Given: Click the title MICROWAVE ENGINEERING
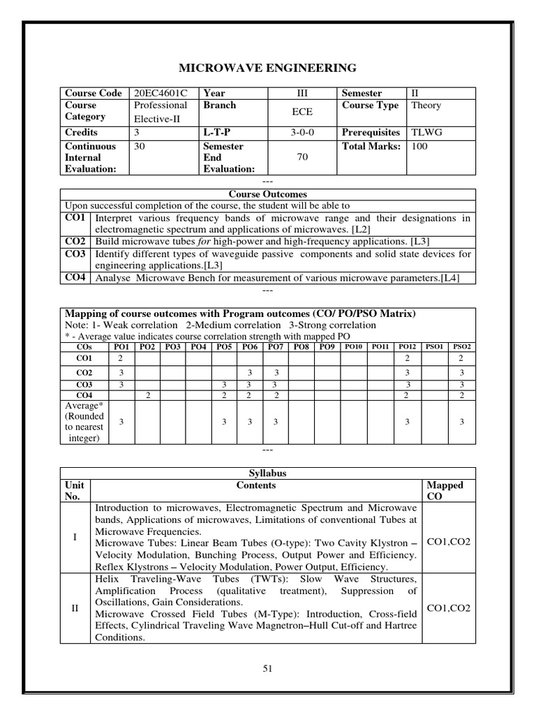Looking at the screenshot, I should tap(268, 68).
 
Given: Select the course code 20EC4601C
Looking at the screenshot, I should tap(160, 93).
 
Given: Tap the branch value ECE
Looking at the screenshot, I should tap(302, 112).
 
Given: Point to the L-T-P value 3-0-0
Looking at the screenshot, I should tap(302, 132).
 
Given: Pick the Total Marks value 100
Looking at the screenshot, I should tap(420, 146).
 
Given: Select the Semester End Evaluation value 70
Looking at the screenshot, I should tap(302, 158).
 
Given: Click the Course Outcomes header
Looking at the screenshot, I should tap(268, 194).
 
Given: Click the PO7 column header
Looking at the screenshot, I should tap(275, 346).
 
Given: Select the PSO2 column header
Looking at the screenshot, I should tap(462, 346).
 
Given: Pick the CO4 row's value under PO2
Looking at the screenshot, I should tap(148, 395).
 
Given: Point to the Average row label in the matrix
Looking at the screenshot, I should tap(84, 422).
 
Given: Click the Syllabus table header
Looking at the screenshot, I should tap(268, 473).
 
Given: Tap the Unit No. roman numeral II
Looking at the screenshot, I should tap(75, 607).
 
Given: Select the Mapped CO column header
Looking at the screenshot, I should tap(445, 490).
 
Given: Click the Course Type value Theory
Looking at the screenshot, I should tap(426, 105).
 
